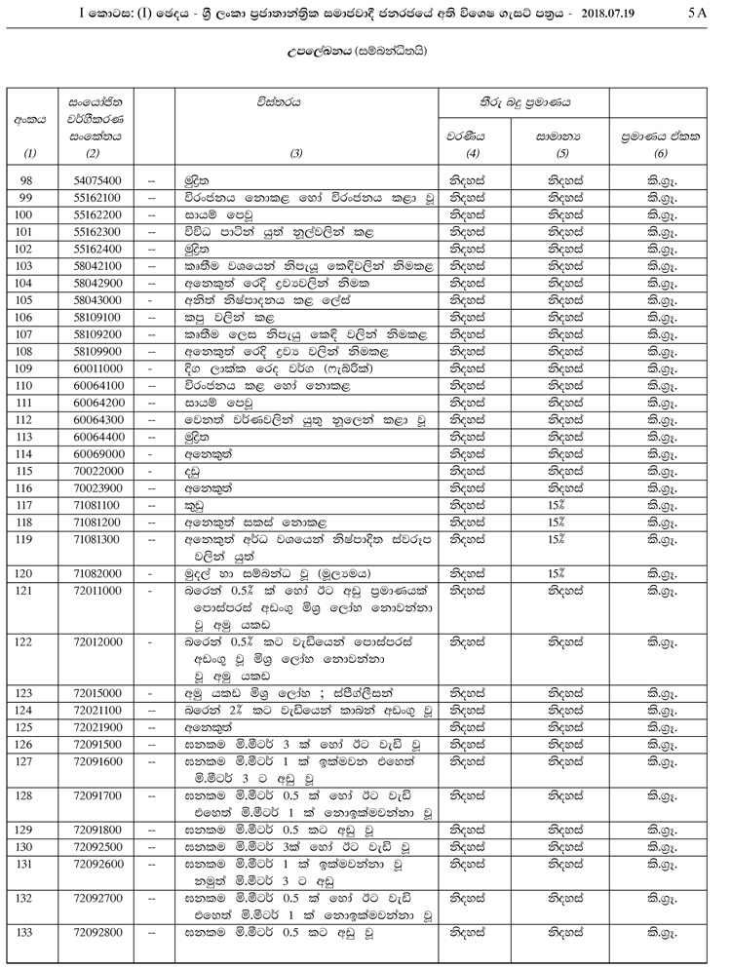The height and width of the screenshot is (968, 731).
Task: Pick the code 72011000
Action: pyautogui.click(x=96, y=591)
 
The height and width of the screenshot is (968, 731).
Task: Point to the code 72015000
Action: pyautogui.click(x=96, y=692)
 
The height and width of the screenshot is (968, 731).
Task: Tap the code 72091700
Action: pyautogui.click(x=96, y=795)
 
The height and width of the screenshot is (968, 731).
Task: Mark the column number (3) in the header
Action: pyautogui.click(x=297, y=152)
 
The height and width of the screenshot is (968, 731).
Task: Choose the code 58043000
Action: pyautogui.click(x=96, y=300)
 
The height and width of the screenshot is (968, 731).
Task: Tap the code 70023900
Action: pyautogui.click(x=96, y=488)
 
